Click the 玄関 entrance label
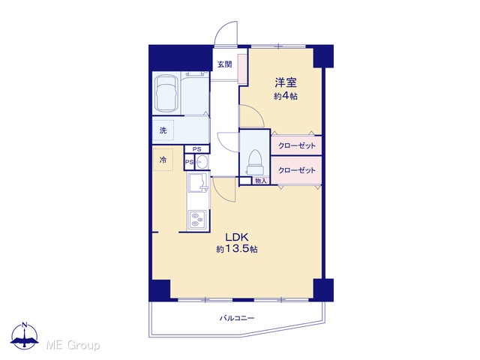click(225, 64)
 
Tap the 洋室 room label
click(285, 82)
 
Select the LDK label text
click(236, 237)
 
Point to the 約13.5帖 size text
click(237, 249)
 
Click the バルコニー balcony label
click(237, 318)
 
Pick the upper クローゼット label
click(297, 145)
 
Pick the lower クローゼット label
click(297, 170)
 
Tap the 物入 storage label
click(261, 181)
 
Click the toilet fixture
click(255, 163)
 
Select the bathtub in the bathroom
click(166, 93)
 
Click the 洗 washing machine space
click(163, 130)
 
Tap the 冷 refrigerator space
click(163, 160)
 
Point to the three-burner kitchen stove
click(197, 219)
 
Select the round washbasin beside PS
click(202, 162)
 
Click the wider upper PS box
click(196, 149)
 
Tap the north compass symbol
click(25, 335)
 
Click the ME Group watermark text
click(73, 345)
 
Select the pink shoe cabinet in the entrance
click(243, 69)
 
